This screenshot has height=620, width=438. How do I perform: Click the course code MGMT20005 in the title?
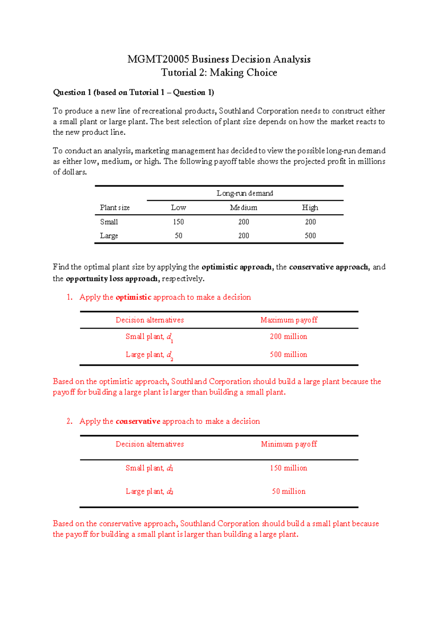158,59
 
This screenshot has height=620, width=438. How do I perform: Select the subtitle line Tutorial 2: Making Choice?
219,72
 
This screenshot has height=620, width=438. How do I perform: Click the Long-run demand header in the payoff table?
245,193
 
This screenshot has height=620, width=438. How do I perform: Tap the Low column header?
178,207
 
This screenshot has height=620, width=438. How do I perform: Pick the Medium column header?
243,207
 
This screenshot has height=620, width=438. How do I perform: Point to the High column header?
310,207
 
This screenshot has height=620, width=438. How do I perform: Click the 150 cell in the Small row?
178,222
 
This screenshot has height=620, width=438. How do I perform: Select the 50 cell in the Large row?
178,236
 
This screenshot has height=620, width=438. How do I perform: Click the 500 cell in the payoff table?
310,236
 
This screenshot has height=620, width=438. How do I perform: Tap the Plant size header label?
115,207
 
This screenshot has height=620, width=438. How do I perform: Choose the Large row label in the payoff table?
109,236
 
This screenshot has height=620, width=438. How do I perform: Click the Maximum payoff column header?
289,320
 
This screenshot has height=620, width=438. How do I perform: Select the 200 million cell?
288,336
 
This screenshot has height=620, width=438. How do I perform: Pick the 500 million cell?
288,354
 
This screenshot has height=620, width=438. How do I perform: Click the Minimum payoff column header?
289,444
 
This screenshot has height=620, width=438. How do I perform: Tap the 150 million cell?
288,468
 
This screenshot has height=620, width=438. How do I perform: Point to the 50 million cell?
288,491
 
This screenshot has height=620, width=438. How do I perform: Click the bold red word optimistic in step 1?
133,297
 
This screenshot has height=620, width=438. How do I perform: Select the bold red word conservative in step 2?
138,421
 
